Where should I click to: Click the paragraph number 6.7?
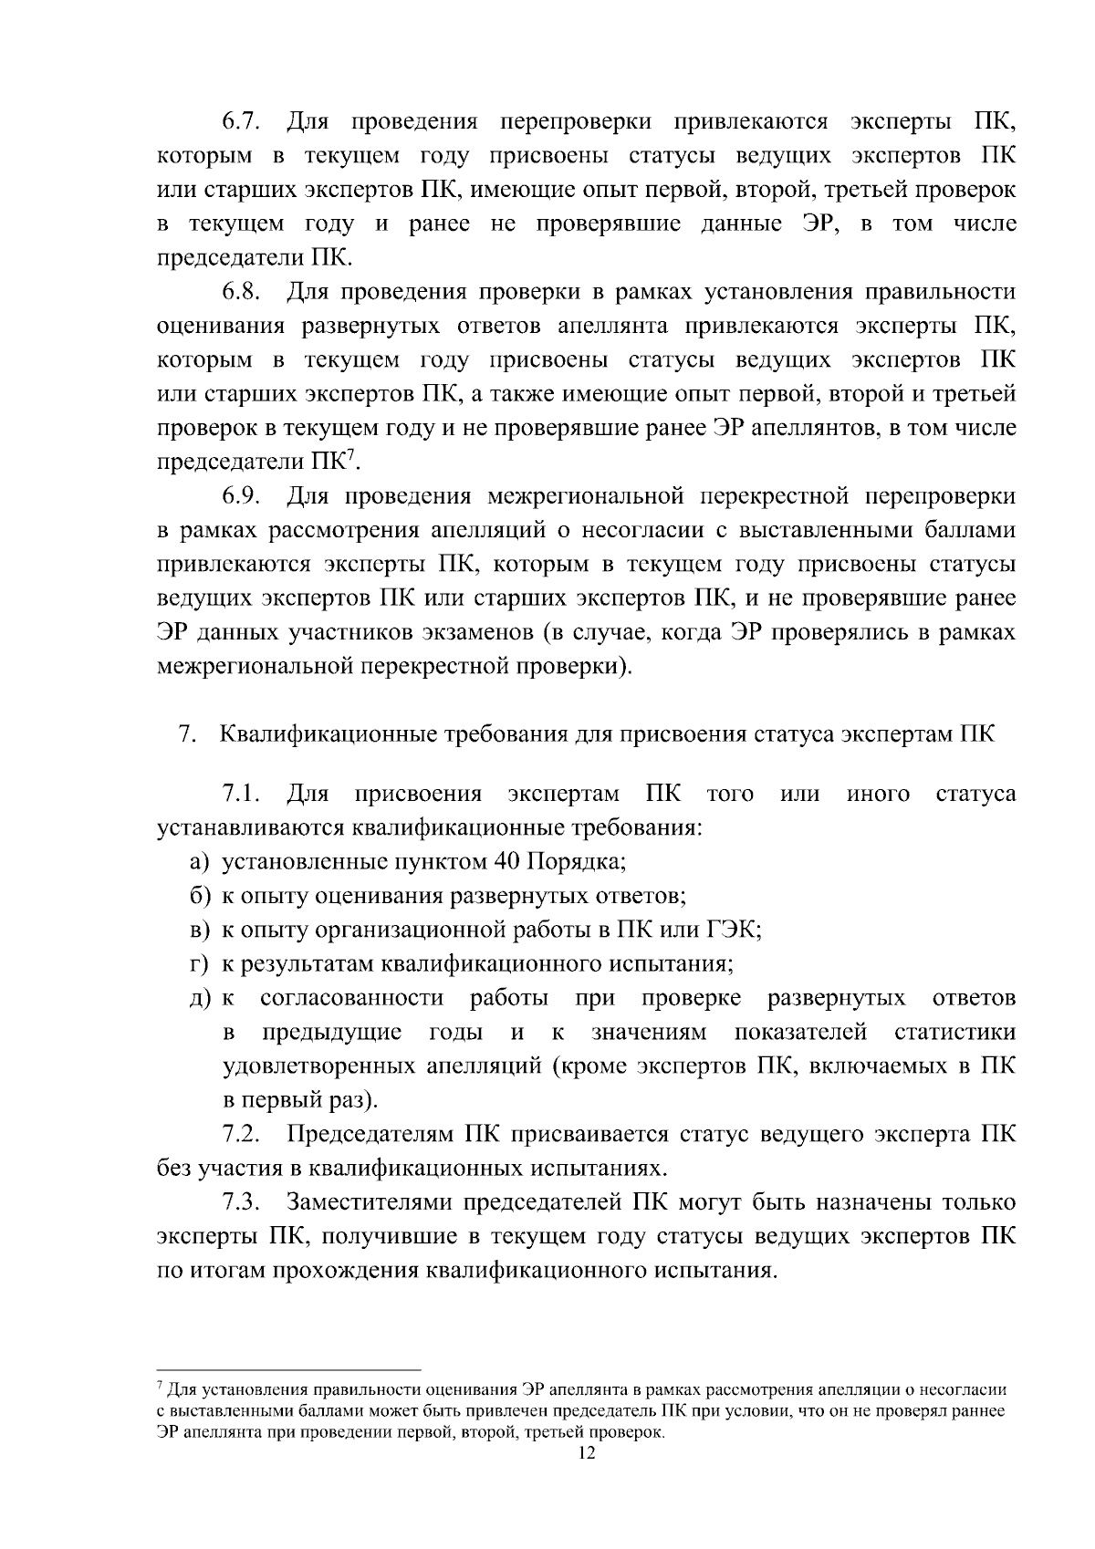coord(244,122)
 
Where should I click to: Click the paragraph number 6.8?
coord(244,292)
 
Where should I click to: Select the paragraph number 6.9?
coord(244,496)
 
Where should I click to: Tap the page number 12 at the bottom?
coord(586,1454)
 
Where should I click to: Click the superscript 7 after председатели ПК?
coord(351,456)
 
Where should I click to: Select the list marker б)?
coord(201,896)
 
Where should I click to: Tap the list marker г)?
coord(200,964)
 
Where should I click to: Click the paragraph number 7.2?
coord(244,1136)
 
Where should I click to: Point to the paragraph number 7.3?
coord(244,1203)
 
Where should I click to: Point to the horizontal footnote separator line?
coord(289,1369)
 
